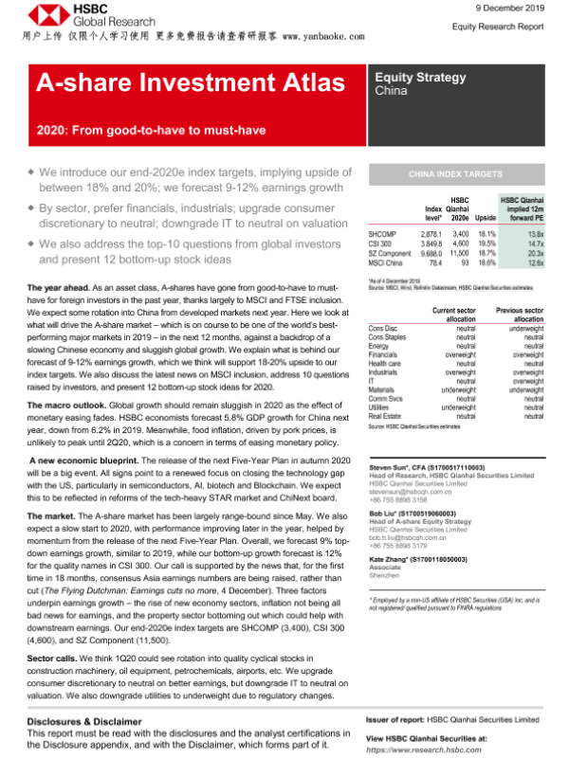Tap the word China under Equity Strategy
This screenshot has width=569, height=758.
click(x=392, y=92)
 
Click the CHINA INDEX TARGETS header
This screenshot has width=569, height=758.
click(x=455, y=175)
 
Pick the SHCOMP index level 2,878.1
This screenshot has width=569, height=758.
click(x=431, y=233)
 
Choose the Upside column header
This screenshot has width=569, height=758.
click(x=486, y=218)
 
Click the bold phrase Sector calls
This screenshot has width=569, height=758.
click(x=53, y=655)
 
